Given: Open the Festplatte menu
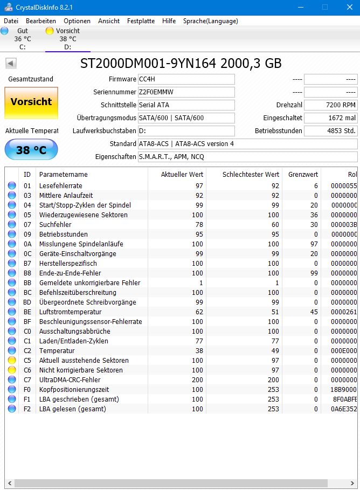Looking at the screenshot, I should coord(141,21).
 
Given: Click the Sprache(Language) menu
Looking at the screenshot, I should coord(210,21).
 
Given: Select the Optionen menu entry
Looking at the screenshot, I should coord(77,21).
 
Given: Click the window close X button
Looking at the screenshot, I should coord(349,7).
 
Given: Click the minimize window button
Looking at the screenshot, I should coord(300,7).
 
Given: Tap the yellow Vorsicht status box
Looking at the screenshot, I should coord(31,102).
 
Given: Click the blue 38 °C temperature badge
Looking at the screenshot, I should coord(31,150).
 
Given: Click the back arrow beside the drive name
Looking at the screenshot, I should coord(11,64).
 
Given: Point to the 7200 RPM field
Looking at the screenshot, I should coord(330,105).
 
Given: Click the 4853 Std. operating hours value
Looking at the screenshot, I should coord(330,131).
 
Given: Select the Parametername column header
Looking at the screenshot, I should coord(63,175).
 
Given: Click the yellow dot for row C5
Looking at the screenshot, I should coord(12,361).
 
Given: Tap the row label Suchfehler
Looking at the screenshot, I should coord(55,225).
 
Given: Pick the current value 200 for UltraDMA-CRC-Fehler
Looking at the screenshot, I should coord(197,380).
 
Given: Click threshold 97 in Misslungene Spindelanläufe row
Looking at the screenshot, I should coord(313,244).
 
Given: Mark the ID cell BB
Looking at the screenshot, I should coord(27,283).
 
